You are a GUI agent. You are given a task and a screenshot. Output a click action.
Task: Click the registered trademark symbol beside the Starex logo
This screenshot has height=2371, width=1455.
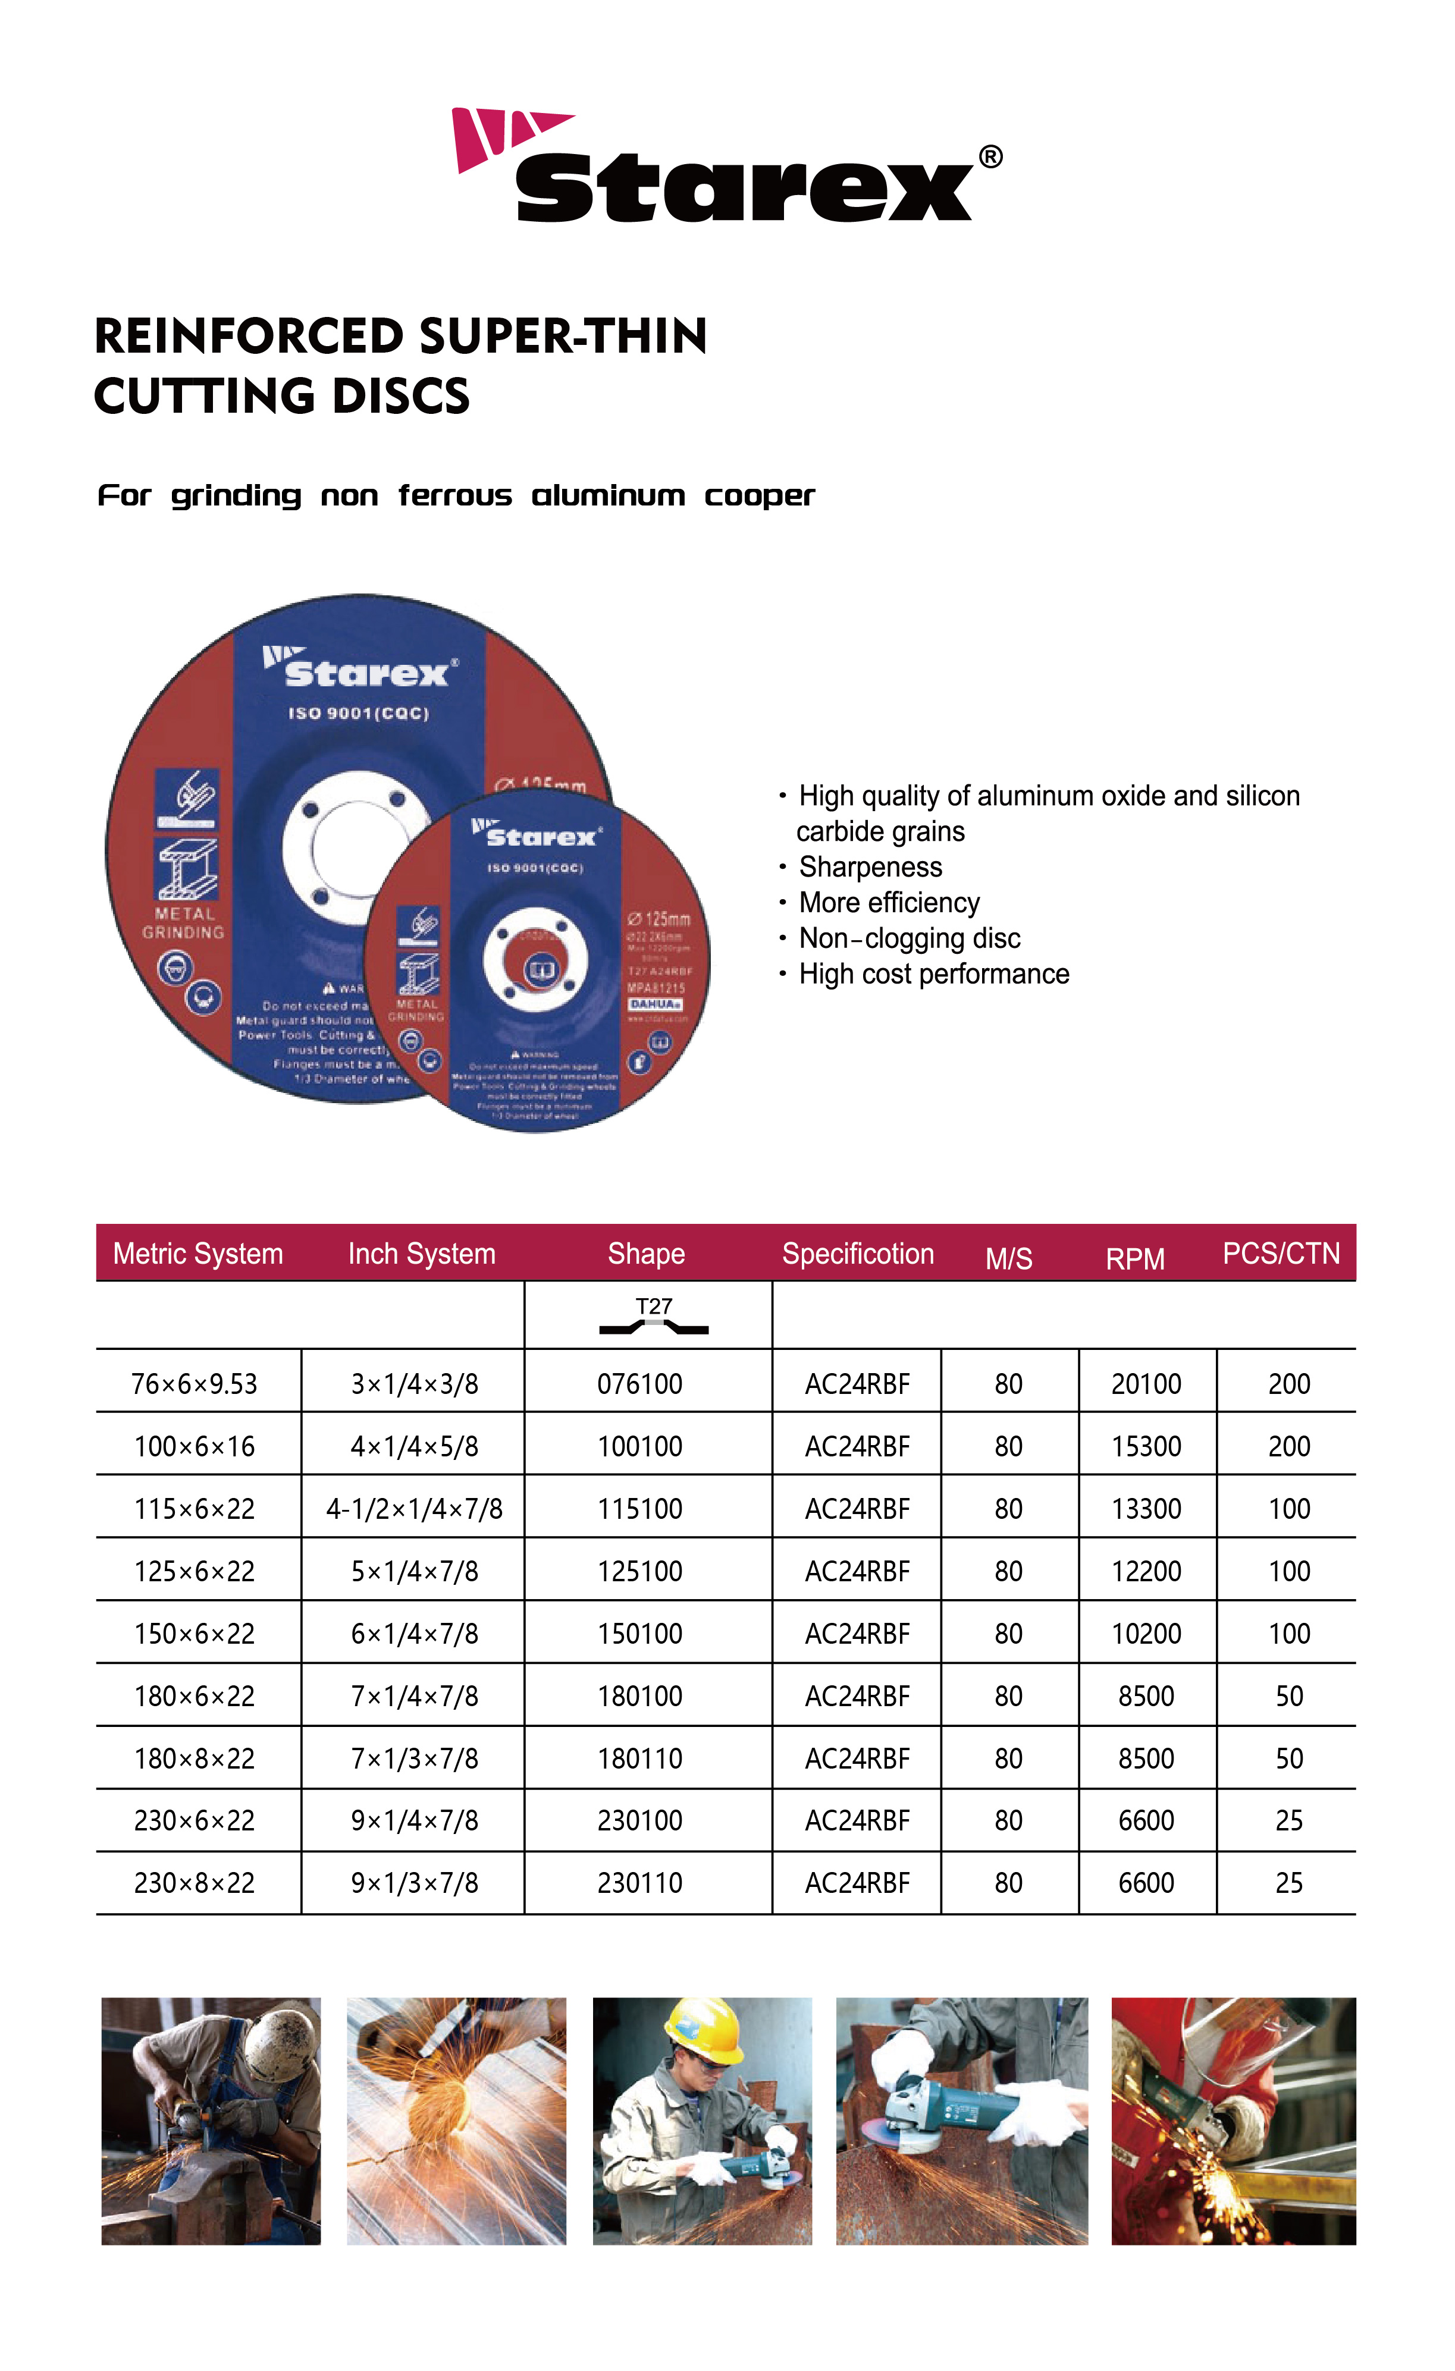click(x=990, y=157)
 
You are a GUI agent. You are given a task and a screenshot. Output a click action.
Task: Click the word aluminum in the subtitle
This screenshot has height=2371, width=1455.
click(x=608, y=497)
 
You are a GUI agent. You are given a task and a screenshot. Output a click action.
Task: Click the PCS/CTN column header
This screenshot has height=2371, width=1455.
click(x=1281, y=1253)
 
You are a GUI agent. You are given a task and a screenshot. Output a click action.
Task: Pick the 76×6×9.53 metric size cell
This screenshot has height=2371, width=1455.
click(x=195, y=1384)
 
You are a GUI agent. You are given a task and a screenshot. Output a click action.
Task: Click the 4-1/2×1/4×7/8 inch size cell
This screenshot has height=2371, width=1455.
click(x=414, y=1509)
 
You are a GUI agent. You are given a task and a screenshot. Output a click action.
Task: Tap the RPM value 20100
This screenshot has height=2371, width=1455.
click(x=1146, y=1384)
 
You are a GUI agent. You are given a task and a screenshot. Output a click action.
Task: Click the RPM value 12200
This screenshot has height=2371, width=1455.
click(x=1146, y=1571)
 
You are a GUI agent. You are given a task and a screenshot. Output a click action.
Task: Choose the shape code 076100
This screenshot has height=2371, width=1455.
click(x=640, y=1384)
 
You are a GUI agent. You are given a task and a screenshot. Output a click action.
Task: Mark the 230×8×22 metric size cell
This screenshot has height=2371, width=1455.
click(x=195, y=1883)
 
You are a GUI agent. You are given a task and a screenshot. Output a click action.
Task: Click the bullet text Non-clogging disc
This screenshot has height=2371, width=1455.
click(x=910, y=938)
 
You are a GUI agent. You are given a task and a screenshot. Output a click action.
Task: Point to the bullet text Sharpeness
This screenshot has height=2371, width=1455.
click(x=870, y=867)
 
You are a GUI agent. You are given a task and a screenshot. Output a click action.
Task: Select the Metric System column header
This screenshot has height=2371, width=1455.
click(x=198, y=1254)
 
